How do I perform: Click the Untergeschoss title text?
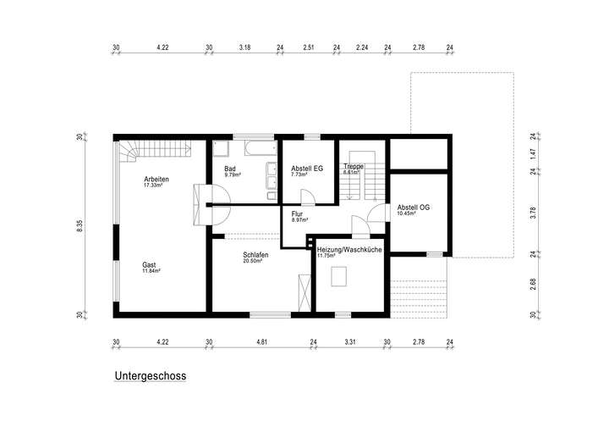click(150, 374)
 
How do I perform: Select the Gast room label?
click(149, 264)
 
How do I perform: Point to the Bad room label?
click(230, 169)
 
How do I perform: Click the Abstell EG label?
click(307, 169)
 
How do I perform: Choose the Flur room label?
click(297, 214)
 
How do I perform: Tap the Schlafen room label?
click(256, 254)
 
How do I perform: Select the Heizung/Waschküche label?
click(348, 251)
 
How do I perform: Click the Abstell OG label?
click(414, 208)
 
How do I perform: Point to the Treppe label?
click(354, 167)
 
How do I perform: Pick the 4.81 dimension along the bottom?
click(261, 342)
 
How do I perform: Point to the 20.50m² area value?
click(253, 262)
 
